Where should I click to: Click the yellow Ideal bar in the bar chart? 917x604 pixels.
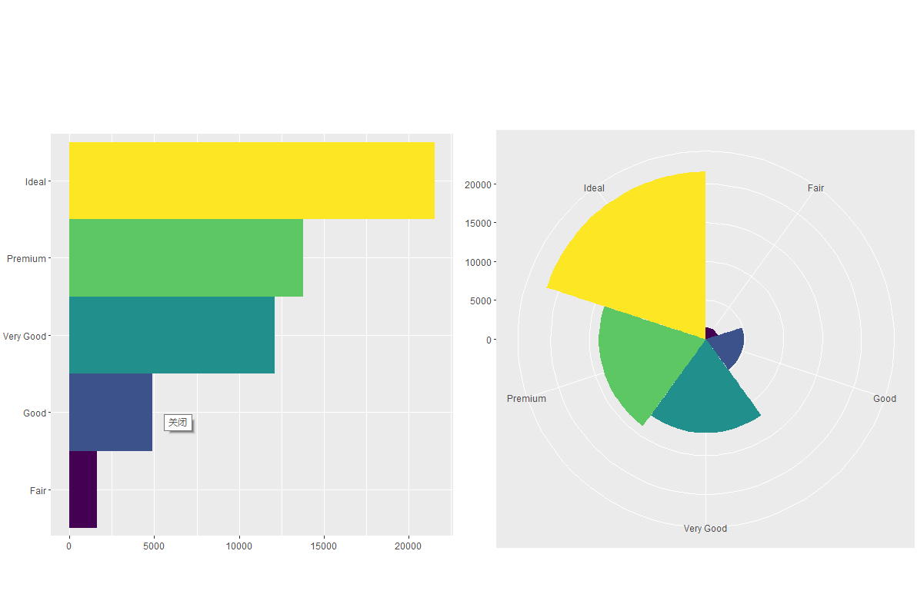point(252,181)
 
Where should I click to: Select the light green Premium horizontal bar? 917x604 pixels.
point(185,258)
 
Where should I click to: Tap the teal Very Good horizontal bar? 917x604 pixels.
point(172,335)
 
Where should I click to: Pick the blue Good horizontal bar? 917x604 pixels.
point(110,412)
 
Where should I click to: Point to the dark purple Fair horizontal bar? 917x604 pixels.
point(83,490)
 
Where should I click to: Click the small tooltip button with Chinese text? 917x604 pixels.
point(178,423)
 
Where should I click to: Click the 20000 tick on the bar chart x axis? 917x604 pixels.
point(408,546)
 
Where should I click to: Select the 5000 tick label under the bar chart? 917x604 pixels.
point(154,546)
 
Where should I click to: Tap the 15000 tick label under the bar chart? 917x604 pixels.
point(324,546)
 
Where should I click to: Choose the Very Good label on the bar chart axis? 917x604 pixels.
point(25,336)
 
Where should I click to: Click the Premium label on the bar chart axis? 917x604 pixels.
point(27,259)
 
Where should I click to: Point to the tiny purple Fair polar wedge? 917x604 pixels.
point(710,333)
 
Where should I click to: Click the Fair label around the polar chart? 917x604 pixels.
point(815,188)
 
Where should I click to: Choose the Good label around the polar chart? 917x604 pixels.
point(885,399)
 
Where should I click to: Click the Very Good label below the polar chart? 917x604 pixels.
point(705,529)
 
